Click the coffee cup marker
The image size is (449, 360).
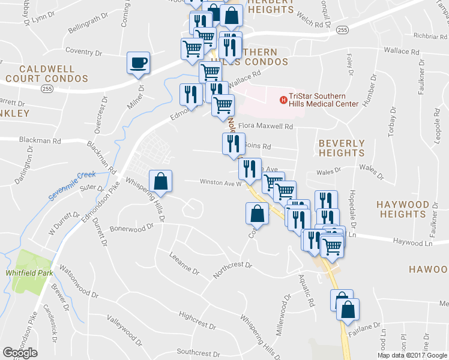(x=138, y=63)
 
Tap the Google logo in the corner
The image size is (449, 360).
(x=20, y=352)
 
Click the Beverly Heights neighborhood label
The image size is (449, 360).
(x=342, y=148)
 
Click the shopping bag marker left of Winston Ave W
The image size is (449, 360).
(x=161, y=182)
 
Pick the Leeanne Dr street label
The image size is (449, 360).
(x=184, y=263)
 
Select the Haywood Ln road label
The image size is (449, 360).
(x=412, y=242)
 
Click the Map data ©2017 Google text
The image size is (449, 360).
(x=412, y=355)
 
